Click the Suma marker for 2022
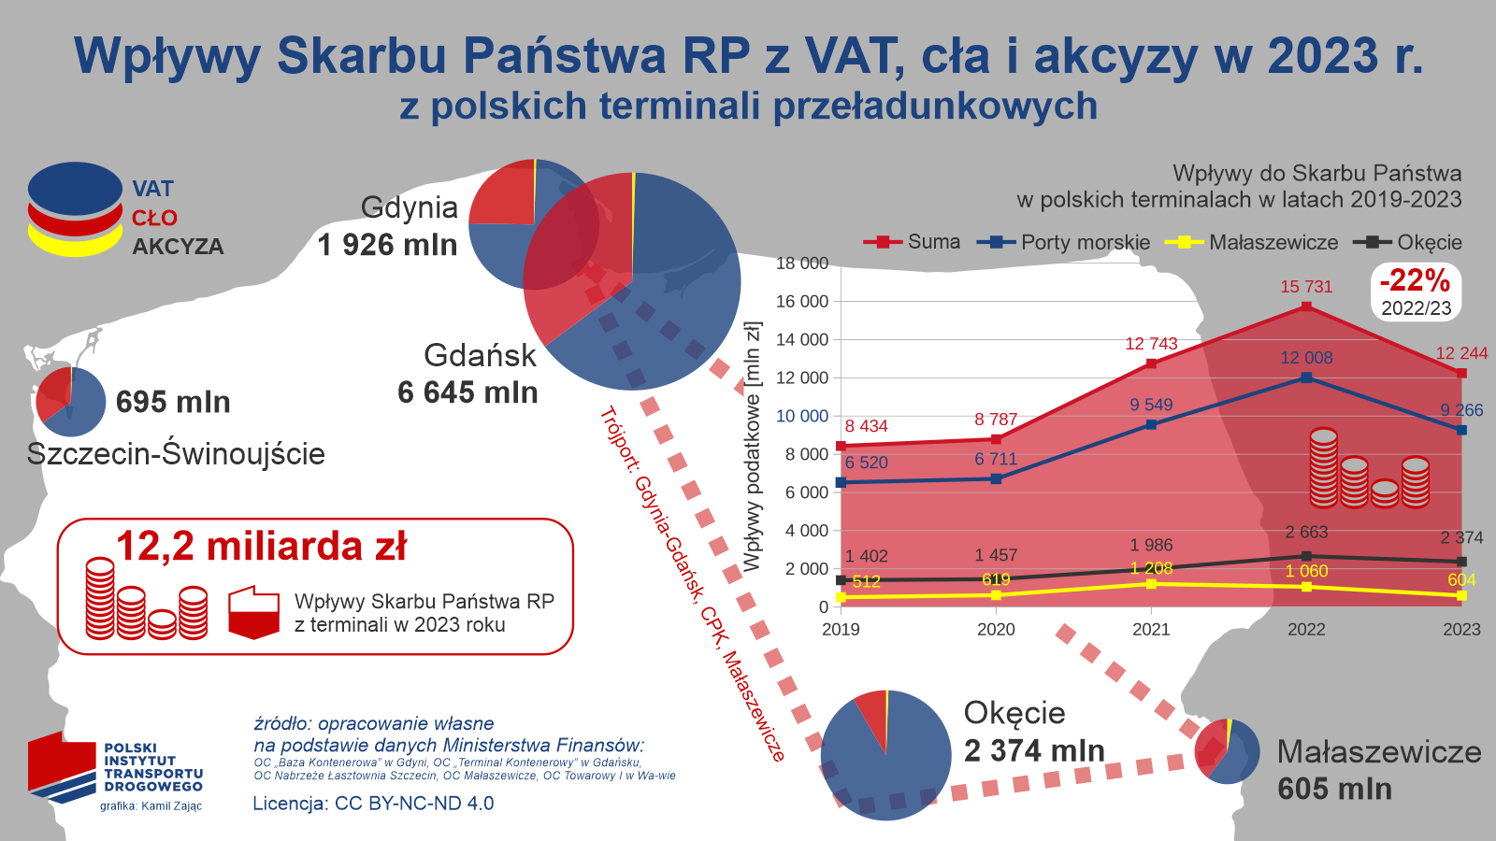[x=1306, y=306]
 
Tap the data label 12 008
[x=1306, y=358]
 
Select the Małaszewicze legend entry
[x=1253, y=242]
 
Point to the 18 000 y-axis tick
[x=801, y=264]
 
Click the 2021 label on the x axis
[x=1151, y=629]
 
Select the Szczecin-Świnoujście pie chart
[x=71, y=402]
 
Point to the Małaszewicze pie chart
[x=1227, y=751]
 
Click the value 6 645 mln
[x=467, y=392]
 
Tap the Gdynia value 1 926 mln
[x=387, y=245]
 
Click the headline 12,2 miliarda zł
[x=262, y=547]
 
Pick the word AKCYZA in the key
[x=178, y=247]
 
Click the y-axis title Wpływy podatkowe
[x=753, y=447]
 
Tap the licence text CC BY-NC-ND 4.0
[x=373, y=804]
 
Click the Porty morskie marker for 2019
[x=841, y=482]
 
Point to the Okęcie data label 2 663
[x=1306, y=533]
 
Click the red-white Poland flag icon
[x=253, y=613]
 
